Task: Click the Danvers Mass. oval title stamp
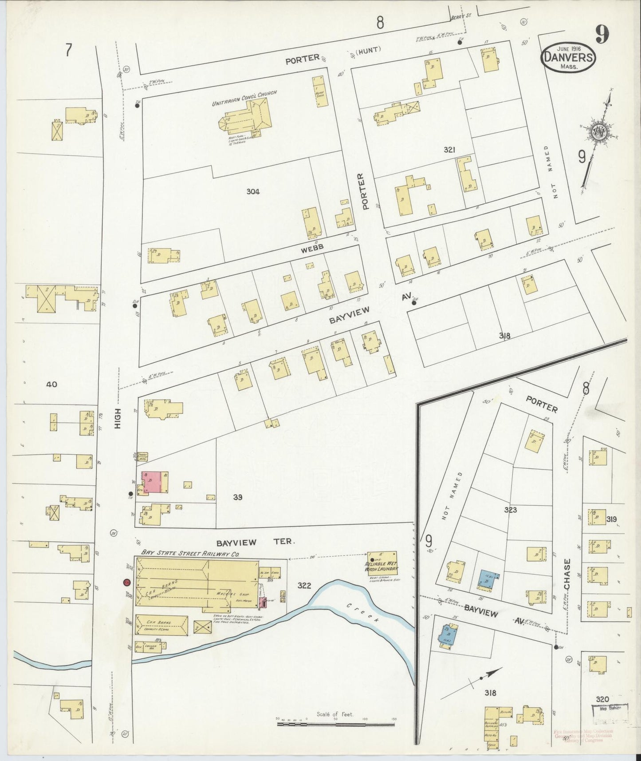(x=568, y=57)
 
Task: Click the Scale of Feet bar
(x=336, y=724)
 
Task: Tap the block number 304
(x=253, y=191)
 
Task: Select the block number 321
(x=449, y=150)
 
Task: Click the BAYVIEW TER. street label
(x=256, y=543)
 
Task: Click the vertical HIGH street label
(x=118, y=419)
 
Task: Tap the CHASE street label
(x=568, y=574)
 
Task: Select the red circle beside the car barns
(x=126, y=582)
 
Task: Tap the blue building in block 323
(x=489, y=580)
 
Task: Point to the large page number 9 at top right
(x=602, y=34)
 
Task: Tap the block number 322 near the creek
(x=304, y=586)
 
